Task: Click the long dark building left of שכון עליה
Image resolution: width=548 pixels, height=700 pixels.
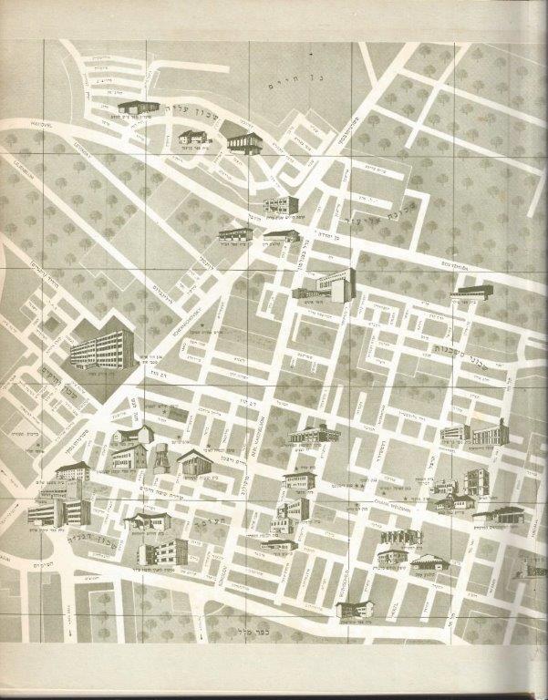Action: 137,108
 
